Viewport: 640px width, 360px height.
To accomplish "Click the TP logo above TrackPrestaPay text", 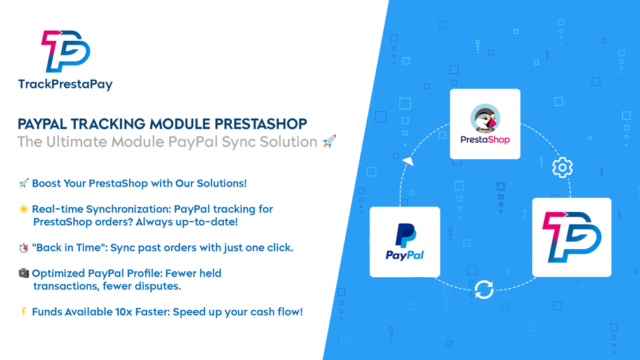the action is [x=66, y=51].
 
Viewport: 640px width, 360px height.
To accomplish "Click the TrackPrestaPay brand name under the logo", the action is [x=66, y=85].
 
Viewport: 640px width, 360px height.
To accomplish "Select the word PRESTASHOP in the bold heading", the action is [x=261, y=124].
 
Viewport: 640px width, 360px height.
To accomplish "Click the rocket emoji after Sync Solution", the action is [x=329, y=141].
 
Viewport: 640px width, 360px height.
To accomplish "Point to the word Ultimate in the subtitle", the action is [x=77, y=141].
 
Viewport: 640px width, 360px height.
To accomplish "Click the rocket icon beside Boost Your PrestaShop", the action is [x=24, y=184].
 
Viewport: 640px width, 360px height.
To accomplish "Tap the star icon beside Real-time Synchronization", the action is [x=24, y=209].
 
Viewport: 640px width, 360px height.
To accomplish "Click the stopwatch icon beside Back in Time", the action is [x=24, y=248].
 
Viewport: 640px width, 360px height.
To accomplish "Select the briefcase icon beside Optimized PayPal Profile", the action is [x=24, y=273].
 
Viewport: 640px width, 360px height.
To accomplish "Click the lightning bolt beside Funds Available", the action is [x=24, y=312].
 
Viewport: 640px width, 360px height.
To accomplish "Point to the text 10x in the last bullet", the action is [x=124, y=312].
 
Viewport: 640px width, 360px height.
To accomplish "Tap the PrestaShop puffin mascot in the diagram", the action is [x=485, y=119].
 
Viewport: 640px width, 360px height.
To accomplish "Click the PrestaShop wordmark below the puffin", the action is [x=485, y=140].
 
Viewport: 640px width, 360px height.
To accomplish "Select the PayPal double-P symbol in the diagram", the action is [x=405, y=235].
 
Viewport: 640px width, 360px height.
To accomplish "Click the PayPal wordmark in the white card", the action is [x=405, y=255].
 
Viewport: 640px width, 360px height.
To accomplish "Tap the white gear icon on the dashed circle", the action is [x=562, y=168].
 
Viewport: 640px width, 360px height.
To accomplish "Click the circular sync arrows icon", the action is [x=484, y=290].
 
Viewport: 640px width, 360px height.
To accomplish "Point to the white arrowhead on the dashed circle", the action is [x=408, y=161].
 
